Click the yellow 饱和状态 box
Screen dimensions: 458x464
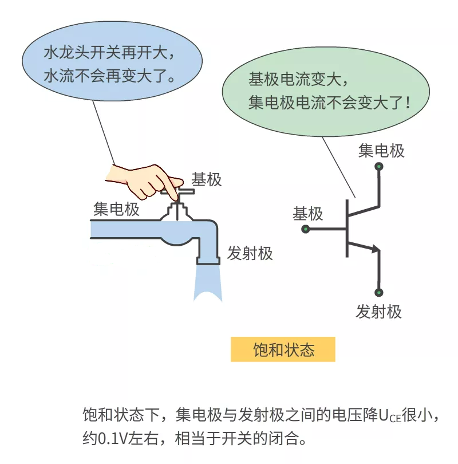[283, 349]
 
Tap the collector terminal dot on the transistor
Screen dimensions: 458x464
[379, 167]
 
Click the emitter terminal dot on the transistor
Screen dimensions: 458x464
[379, 293]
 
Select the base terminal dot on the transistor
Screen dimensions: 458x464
[306, 229]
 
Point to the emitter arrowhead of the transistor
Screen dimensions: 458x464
[376, 249]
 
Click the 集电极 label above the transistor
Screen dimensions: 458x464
[381, 151]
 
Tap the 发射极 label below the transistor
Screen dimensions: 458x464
[379, 311]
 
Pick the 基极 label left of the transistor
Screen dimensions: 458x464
[308, 214]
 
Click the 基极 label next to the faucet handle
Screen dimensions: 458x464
[206, 179]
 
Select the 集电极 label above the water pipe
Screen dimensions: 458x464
[116, 209]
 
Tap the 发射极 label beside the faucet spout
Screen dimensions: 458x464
[250, 253]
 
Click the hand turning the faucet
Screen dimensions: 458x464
[144, 181]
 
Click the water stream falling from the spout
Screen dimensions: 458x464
[208, 282]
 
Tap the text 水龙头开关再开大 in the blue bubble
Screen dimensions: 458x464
[105, 53]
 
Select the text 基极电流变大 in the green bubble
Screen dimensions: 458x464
[294, 79]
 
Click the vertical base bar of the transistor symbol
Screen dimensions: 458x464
[347, 228]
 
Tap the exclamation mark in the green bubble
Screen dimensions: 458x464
[408, 103]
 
